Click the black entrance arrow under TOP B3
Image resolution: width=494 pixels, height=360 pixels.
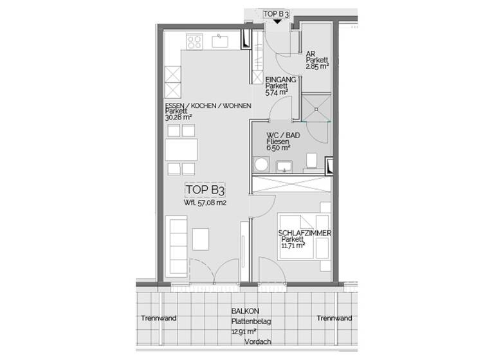[x=277, y=21]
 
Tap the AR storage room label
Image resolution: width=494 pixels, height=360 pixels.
[x=310, y=54]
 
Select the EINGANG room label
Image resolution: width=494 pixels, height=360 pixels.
[x=280, y=79]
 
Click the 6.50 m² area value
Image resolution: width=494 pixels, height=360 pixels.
[x=278, y=147]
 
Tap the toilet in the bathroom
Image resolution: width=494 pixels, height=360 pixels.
[x=312, y=159]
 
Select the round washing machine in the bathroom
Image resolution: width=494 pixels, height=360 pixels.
[x=261, y=166]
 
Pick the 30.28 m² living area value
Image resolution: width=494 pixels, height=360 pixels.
[x=179, y=118]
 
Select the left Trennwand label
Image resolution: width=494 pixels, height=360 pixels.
[x=159, y=318]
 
